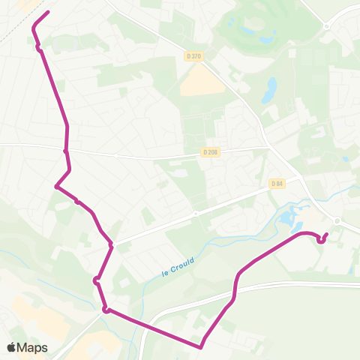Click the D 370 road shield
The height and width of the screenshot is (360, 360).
pyautogui.click(x=194, y=56)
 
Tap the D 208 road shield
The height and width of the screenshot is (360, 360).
pyautogui.click(x=210, y=152)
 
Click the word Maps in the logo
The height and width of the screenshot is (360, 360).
pyautogui.click(x=33, y=347)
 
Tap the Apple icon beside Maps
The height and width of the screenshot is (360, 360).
pyautogui.click(x=11, y=347)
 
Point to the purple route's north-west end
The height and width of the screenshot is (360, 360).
pyautogui.click(x=48, y=12)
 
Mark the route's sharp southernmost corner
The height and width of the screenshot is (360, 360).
pyautogui.click(x=201, y=346)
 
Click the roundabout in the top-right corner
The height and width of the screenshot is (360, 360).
pyautogui.click(x=327, y=26)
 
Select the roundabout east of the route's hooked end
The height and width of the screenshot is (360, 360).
pyautogui.click(x=337, y=221)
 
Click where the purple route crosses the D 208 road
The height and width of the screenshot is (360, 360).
pyautogui.click(x=66, y=150)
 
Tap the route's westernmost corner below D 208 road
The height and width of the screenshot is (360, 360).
pyautogui.click(x=56, y=187)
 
